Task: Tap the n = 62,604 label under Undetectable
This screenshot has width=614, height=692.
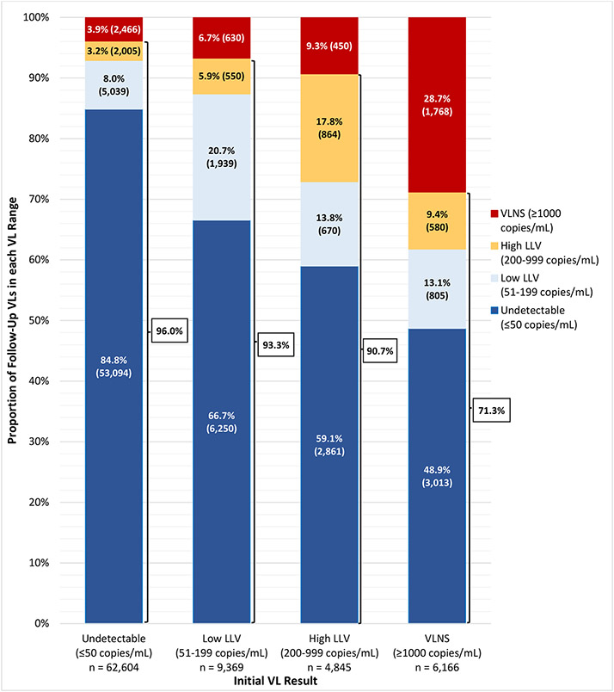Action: click(x=114, y=667)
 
